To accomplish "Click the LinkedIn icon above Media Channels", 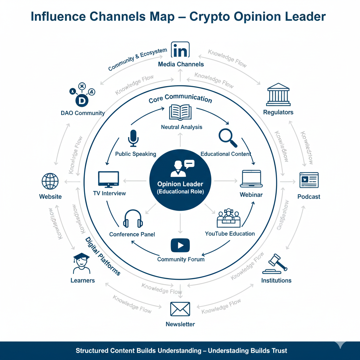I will tap(180, 50).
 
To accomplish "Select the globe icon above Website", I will tap(50, 181).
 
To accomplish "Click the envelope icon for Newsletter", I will tap(180, 309).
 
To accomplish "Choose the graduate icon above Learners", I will tap(82, 263).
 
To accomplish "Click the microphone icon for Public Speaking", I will tap(133, 138).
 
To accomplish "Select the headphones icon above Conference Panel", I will tap(133, 219).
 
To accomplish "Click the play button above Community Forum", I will tap(180, 245).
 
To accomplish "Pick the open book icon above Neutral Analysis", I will tap(180, 113).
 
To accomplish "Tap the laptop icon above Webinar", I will tap(251, 179).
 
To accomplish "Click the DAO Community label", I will tap(83, 113).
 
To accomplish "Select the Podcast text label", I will tap(309, 197).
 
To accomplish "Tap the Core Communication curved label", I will tap(180, 98).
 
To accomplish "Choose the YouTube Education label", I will tap(230, 233).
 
